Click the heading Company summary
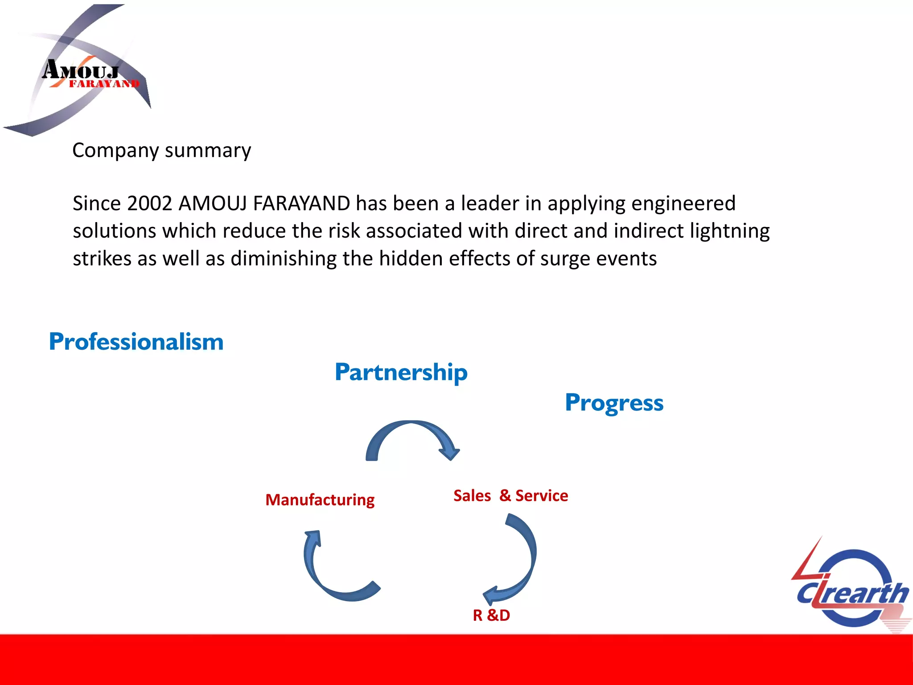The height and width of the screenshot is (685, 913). tap(161, 151)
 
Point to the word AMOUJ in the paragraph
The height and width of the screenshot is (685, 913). tap(213, 204)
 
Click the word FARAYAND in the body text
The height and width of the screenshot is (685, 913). tap(301, 204)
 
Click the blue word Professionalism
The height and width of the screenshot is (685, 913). tap(136, 342)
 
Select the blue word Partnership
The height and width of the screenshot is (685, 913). tap(401, 372)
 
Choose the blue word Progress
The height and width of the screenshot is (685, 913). tap(614, 403)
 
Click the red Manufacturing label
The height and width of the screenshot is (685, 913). tap(320, 500)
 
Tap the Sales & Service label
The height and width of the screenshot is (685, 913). tap(510, 496)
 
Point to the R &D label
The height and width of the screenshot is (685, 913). tap(491, 615)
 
